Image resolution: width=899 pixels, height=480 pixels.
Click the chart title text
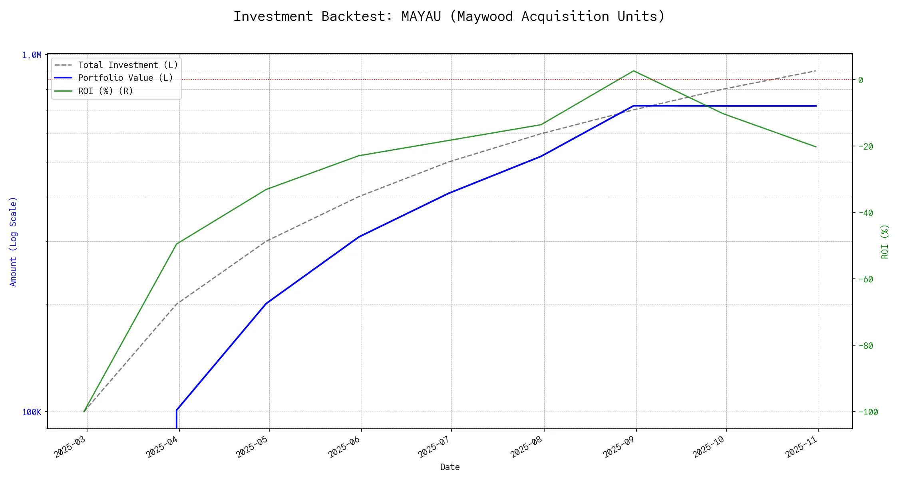[x=449, y=16]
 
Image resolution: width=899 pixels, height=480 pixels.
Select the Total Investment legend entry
[x=128, y=65]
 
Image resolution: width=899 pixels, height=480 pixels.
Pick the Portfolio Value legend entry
[x=125, y=78]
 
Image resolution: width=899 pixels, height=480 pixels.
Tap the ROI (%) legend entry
[x=105, y=91]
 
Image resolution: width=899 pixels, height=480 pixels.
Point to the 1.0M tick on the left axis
[x=32, y=55]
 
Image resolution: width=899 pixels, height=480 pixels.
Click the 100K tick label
[x=32, y=412]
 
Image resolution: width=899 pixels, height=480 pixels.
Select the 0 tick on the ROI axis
[x=861, y=80]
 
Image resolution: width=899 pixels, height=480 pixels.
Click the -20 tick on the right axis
[x=865, y=146]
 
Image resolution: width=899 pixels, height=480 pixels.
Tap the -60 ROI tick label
[x=865, y=279]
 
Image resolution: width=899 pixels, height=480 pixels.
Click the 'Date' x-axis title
[x=450, y=467]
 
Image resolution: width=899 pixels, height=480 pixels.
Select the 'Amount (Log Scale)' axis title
[x=13, y=242]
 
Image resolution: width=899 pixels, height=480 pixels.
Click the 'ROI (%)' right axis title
[x=885, y=242]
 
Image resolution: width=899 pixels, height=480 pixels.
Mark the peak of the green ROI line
[x=634, y=71]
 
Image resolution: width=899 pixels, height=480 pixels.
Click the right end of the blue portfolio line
[x=816, y=106]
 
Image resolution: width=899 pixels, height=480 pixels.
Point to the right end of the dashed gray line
[x=816, y=71]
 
